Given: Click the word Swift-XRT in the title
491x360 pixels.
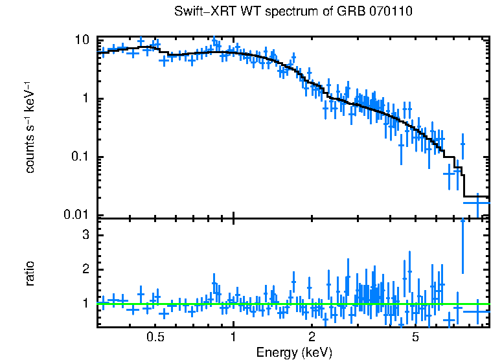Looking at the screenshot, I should (x=199, y=12).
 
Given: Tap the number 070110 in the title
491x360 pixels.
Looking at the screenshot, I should (x=391, y=12).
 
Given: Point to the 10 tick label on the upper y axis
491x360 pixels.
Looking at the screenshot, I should (x=82, y=39).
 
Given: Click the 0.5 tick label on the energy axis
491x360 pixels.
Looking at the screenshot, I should (x=155, y=337).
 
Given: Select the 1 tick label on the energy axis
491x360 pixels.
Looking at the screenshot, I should (x=233, y=337).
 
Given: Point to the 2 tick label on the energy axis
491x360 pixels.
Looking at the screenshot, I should (x=312, y=337).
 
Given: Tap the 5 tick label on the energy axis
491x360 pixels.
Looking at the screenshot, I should (x=415, y=337).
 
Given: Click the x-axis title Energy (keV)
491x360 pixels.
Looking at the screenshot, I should (x=294, y=352).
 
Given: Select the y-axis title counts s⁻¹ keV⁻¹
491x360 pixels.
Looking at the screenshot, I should (x=30, y=128).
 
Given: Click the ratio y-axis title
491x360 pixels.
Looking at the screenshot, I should (x=30, y=273).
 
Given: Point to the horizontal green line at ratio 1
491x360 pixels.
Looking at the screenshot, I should (x=194, y=303).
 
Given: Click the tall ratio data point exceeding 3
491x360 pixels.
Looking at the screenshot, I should (x=462, y=246).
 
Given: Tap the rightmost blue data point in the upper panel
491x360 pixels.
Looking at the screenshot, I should (x=477, y=203).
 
